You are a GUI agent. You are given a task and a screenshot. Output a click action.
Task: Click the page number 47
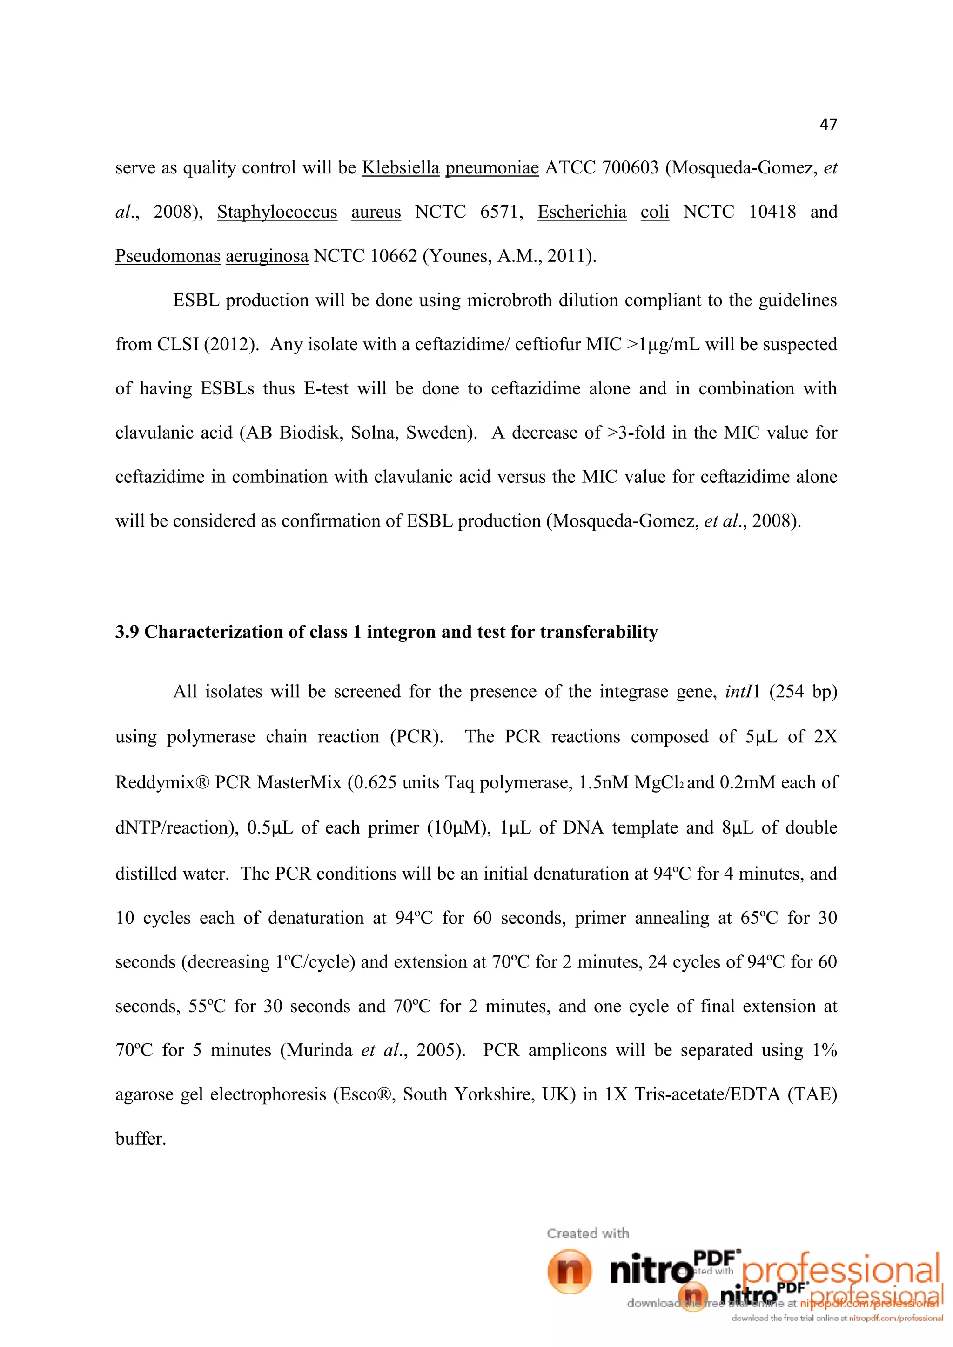[x=828, y=124]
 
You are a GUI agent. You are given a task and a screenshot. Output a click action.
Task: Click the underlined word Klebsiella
[x=400, y=168]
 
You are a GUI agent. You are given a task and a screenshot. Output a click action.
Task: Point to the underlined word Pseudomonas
[x=168, y=256]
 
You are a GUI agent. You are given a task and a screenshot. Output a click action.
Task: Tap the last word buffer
[x=141, y=1139]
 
